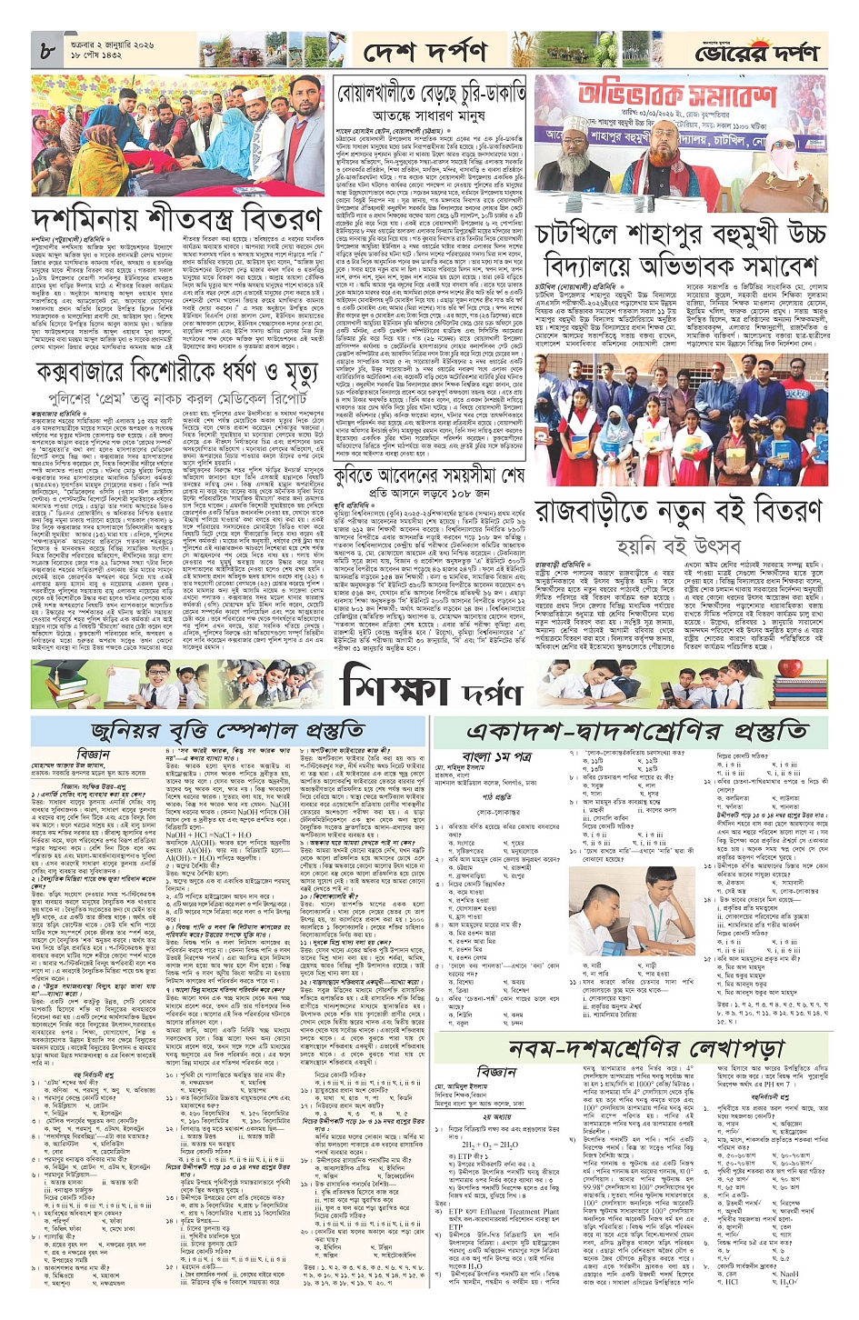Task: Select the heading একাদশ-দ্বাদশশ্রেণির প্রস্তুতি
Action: (636, 730)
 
